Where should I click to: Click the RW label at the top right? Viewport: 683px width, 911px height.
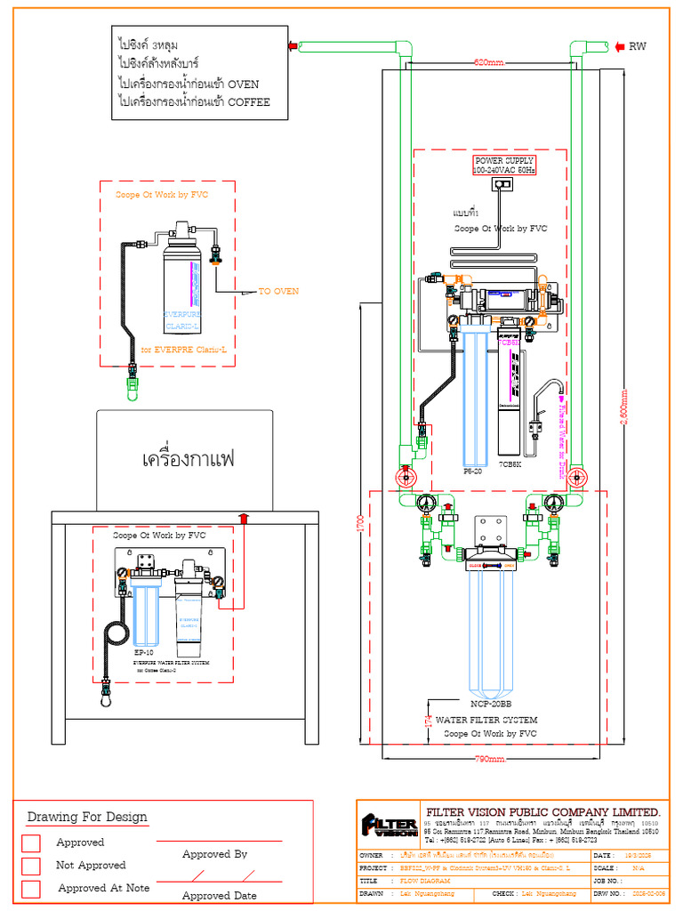[x=638, y=46]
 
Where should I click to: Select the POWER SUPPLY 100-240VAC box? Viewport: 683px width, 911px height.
[x=503, y=165]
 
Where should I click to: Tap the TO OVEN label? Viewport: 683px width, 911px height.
[x=278, y=291]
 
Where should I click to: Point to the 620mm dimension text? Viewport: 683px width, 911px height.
[x=488, y=63]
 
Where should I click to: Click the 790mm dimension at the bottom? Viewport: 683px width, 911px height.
[x=489, y=759]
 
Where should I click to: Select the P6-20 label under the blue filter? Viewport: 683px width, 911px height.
[x=472, y=471]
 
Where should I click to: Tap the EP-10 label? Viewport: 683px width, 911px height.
[x=144, y=652]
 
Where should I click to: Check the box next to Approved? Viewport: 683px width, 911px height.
[x=31, y=842]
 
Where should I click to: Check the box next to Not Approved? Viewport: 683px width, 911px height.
[x=31, y=866]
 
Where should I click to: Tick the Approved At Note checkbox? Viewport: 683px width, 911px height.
[x=31, y=889]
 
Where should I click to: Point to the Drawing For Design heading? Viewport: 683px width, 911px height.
[x=87, y=817]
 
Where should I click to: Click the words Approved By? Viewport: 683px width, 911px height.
[x=214, y=854]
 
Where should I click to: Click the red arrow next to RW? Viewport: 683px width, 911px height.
[x=620, y=46]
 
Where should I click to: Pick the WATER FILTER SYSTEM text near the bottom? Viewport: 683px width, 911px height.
[x=486, y=720]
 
